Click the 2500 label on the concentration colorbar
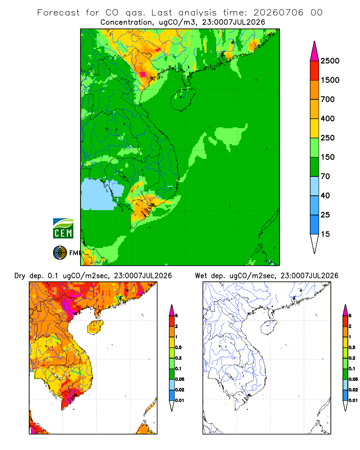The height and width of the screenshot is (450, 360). pos(330,61)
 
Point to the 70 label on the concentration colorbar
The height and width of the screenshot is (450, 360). pos(325,176)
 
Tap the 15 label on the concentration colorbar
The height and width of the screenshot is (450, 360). pos(325,234)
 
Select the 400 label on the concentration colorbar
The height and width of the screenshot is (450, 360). pos(328,118)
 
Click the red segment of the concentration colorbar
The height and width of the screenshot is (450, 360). pos(315,71)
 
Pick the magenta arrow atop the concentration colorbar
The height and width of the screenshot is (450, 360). pos(315,51)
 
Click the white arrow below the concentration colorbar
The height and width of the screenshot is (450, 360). pos(315,243)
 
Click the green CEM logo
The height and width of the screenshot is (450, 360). pos(63,229)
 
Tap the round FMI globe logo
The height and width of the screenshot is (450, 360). pos(60,253)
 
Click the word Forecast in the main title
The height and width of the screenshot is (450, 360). pos(58,13)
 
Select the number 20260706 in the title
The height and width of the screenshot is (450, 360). pos(278,13)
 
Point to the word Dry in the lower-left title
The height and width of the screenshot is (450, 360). pos(20,276)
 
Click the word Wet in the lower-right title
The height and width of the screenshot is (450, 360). pos(201,276)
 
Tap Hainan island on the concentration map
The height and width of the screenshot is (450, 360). pos(184,99)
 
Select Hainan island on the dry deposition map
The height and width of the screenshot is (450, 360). pos(95,327)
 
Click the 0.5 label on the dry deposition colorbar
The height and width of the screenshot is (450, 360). pos(178,347)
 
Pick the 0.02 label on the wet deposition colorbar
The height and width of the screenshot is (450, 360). pos(353,390)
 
